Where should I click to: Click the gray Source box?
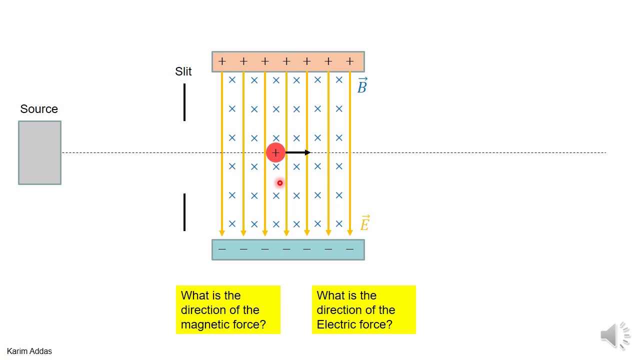pyautogui.click(x=39, y=153)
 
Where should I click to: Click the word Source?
pyautogui.click(x=39, y=109)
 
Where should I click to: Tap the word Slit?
pyautogui.click(x=183, y=71)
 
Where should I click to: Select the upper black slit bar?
pyautogui.click(x=184, y=102)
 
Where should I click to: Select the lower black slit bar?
pyautogui.click(x=184, y=212)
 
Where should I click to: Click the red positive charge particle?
pyautogui.click(x=275, y=153)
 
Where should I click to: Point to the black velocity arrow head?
pyautogui.click(x=307, y=152)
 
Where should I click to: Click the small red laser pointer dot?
pyautogui.click(x=279, y=183)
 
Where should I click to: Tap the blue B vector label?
pyautogui.click(x=362, y=85)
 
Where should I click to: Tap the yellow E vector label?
pyautogui.click(x=365, y=223)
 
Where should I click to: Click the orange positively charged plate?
pyautogui.click(x=288, y=61)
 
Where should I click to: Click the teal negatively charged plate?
pyautogui.click(x=288, y=249)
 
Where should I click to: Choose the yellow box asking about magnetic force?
pyautogui.click(x=228, y=309)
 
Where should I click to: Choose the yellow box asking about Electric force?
pyautogui.click(x=363, y=309)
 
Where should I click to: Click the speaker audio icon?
pyautogui.click(x=615, y=335)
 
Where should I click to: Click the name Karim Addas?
pyautogui.click(x=29, y=351)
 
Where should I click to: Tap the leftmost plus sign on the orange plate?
pyautogui.click(x=222, y=61)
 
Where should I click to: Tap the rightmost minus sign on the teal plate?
pyautogui.click(x=349, y=249)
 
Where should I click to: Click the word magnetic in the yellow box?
pyautogui.click(x=203, y=324)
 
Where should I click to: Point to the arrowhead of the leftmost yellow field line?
pyautogui.click(x=222, y=233)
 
